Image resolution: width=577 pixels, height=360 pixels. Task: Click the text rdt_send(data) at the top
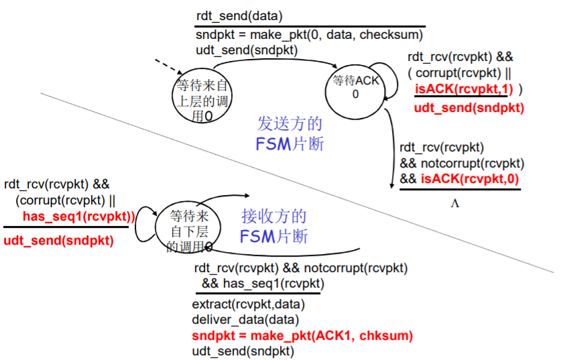coord(239,16)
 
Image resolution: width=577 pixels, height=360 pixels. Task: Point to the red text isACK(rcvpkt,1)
coord(464,88)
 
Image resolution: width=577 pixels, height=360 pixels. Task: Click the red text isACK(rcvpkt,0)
coord(470,179)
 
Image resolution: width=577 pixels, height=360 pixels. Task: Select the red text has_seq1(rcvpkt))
coord(79,217)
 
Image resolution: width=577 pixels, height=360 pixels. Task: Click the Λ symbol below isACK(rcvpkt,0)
coord(455,203)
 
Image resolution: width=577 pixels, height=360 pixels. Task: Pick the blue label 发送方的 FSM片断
coord(290,133)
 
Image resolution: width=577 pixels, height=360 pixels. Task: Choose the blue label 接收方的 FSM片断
coord(274,226)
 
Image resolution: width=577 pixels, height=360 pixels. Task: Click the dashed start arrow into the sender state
coord(168,66)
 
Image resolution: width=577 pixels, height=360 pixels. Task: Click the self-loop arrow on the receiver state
coord(136,225)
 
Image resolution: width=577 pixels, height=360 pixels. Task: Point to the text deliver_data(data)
coord(245,320)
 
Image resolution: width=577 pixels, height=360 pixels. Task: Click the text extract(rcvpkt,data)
coord(249,304)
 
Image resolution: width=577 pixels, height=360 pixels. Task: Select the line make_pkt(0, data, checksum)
coord(310,35)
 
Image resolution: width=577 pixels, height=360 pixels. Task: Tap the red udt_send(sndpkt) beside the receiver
coord(58,241)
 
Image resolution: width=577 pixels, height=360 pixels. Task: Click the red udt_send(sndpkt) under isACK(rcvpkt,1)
coord(469,108)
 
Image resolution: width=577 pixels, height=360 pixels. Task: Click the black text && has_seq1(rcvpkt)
coord(263,284)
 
